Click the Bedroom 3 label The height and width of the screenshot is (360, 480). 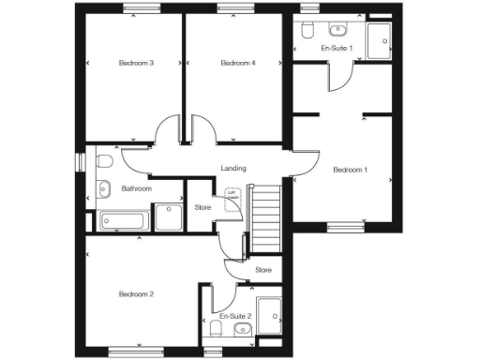pos(136,63)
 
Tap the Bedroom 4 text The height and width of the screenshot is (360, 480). pos(238,63)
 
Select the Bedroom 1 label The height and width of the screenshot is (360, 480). pos(352,170)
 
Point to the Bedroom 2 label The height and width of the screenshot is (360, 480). pos(136,294)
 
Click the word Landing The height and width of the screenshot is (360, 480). pos(233,169)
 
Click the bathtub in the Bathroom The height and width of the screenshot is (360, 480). pos(123,221)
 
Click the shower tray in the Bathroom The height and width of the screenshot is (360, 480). pos(169,217)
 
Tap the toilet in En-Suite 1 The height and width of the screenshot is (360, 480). pos(307,30)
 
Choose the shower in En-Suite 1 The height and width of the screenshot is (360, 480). pos(379,42)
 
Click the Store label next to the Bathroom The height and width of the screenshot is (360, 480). pos(202,207)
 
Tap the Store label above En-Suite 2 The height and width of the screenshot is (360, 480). pos(263,271)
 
